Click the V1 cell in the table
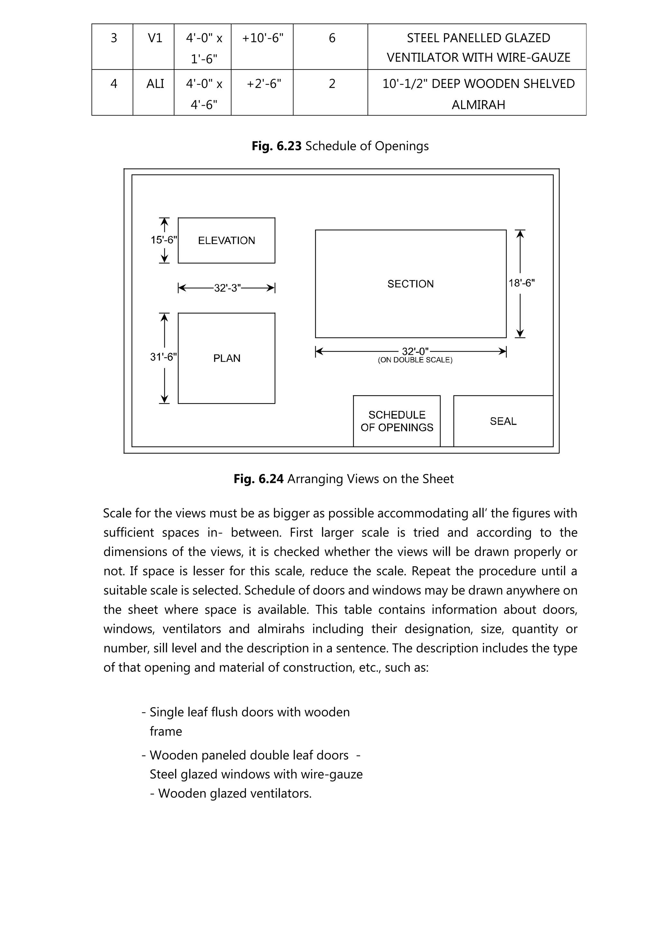click(155, 38)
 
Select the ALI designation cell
click(155, 84)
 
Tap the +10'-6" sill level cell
click(263, 38)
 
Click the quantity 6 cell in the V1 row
click(332, 38)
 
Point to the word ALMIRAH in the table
click(478, 105)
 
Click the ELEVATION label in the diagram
click(227, 240)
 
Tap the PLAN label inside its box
click(227, 358)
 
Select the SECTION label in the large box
click(411, 284)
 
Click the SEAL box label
click(503, 421)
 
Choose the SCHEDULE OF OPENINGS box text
click(397, 421)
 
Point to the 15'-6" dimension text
click(164, 240)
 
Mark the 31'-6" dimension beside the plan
click(163, 357)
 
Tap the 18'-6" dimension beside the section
click(522, 283)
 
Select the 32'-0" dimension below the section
click(415, 351)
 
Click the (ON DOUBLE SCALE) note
click(415, 360)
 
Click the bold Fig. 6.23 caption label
click(276, 146)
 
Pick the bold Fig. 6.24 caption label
click(258, 479)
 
